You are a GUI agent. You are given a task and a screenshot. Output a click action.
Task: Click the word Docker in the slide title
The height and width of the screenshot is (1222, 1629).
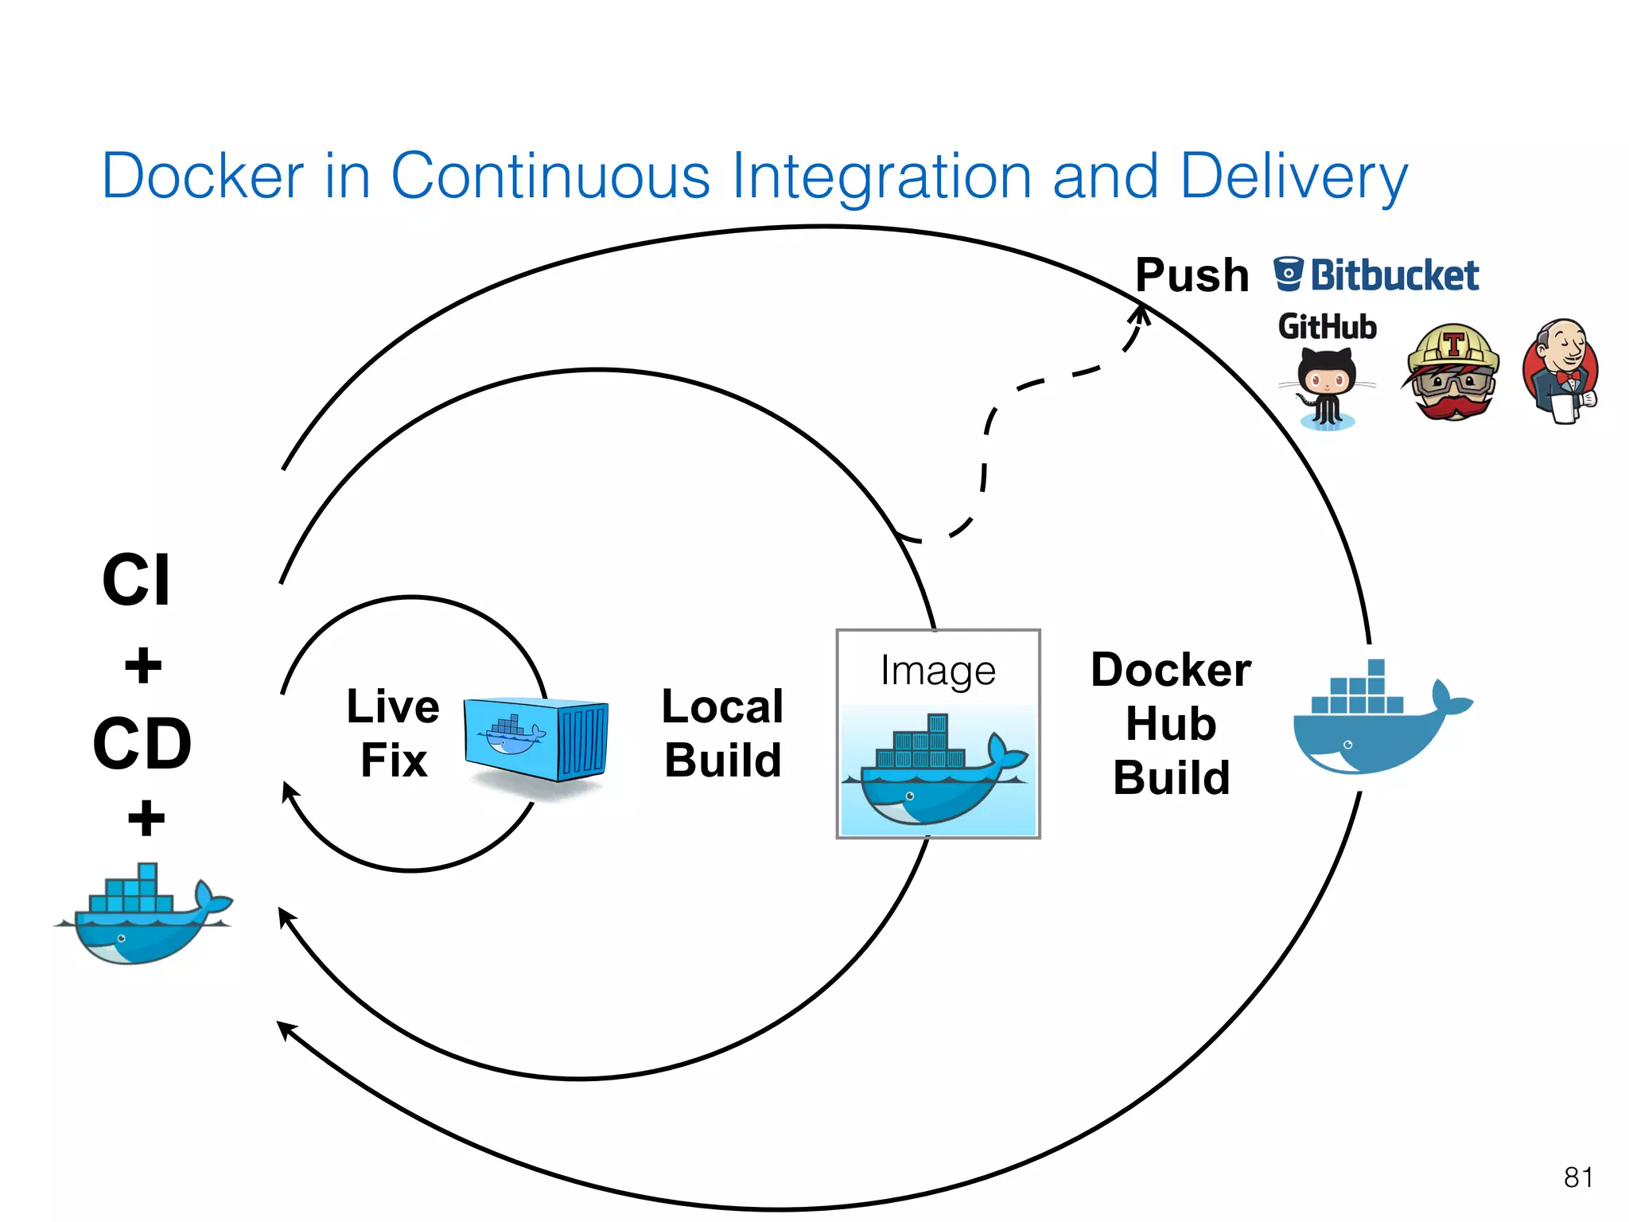[203, 176]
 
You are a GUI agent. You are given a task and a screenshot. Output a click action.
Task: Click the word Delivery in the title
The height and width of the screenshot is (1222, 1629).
[1293, 177]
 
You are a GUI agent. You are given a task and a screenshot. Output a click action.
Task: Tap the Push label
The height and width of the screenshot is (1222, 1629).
[1192, 275]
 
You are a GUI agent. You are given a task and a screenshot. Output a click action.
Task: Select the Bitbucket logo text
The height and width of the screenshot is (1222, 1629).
[1394, 275]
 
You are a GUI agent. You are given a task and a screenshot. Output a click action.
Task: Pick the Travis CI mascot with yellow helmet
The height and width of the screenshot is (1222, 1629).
[1452, 372]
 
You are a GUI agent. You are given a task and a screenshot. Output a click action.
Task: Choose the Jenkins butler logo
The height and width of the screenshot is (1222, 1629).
[1561, 371]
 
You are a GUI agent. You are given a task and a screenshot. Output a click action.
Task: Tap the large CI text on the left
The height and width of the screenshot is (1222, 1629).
[136, 580]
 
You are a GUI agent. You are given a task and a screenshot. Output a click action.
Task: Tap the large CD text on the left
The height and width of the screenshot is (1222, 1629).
[142, 743]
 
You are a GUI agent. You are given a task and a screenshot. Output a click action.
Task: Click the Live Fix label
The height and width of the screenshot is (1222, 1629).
[393, 733]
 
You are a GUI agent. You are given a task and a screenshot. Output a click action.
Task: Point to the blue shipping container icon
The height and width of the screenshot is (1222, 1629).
[535, 739]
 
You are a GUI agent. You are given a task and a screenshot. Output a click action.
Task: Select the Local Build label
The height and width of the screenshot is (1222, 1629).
[722, 733]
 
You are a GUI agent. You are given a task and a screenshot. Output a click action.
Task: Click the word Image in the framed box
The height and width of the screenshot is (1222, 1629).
[938, 671]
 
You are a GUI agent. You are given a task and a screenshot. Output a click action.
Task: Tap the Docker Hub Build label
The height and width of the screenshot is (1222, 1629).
[1171, 723]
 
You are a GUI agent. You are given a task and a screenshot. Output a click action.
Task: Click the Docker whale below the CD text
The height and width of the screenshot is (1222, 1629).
[143, 915]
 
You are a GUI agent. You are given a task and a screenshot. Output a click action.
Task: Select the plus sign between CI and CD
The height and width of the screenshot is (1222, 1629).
[143, 665]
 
